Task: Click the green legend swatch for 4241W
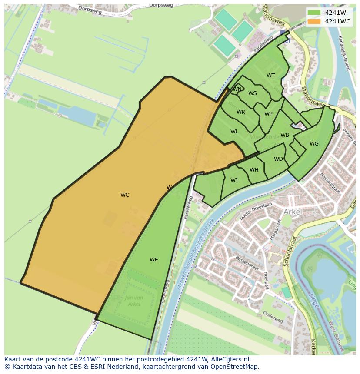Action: pyautogui.click(x=314, y=13)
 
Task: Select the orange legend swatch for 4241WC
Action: pyautogui.click(x=314, y=21)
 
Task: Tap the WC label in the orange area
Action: pyautogui.click(x=125, y=195)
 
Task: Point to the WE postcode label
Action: pyautogui.click(x=153, y=260)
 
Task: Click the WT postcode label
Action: pyautogui.click(x=270, y=76)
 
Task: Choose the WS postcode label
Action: pyautogui.click(x=253, y=93)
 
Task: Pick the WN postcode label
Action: pyautogui.click(x=237, y=90)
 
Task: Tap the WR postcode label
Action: pyautogui.click(x=241, y=112)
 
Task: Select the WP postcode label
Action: pyautogui.click(x=268, y=114)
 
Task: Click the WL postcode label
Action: pyautogui.click(x=234, y=132)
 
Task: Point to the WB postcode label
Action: pyautogui.click(x=285, y=135)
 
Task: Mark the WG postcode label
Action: pyautogui.click(x=314, y=144)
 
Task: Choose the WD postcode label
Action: pyautogui.click(x=278, y=159)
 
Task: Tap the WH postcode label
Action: pyautogui.click(x=254, y=170)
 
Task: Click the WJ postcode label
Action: pyautogui.click(x=234, y=180)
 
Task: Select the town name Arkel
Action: pyautogui.click(x=293, y=212)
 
